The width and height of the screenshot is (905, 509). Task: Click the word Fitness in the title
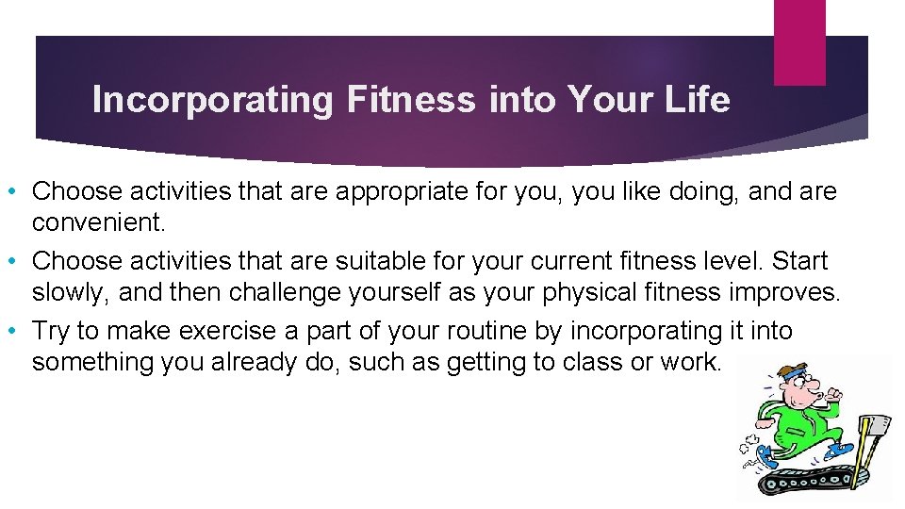point(411,100)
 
